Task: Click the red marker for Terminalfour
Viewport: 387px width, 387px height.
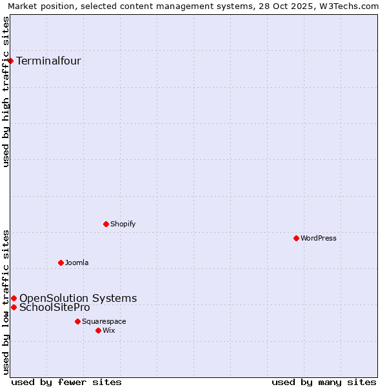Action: point(10,61)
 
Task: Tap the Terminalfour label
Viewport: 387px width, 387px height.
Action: point(48,61)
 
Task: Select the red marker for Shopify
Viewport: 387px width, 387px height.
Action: point(106,224)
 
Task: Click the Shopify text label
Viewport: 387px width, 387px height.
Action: point(123,224)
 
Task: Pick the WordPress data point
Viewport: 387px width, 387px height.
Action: point(296,238)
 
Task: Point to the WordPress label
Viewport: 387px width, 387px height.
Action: point(318,239)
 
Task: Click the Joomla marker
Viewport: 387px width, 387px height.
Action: point(61,263)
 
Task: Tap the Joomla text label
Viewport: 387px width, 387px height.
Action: point(77,263)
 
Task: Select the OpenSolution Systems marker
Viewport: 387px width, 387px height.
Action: point(14,298)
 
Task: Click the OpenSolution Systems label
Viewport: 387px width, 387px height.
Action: point(78,298)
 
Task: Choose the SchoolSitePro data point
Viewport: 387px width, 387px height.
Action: point(14,307)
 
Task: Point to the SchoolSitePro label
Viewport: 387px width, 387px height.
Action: point(55,307)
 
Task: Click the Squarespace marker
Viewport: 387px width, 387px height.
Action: point(77,321)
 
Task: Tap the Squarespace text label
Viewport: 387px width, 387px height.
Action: point(104,322)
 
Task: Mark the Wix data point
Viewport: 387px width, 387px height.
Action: point(98,330)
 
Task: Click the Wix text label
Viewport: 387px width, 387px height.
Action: point(109,331)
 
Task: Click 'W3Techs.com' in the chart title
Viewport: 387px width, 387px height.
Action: point(352,6)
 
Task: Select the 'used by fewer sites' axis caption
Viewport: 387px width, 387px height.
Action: point(66,382)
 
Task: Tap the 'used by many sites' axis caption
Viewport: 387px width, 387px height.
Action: point(324,382)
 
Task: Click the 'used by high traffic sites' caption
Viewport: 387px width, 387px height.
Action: point(6,92)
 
